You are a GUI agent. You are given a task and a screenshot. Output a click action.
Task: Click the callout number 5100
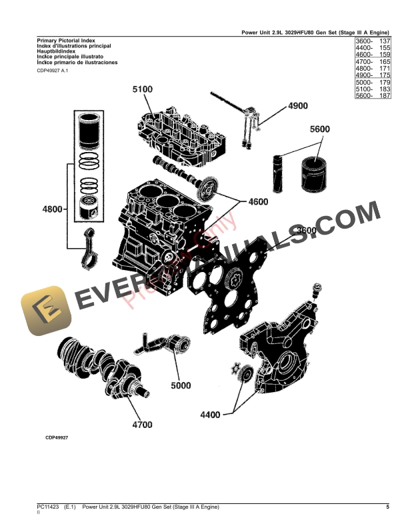(142, 90)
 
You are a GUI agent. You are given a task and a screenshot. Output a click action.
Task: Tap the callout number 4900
(297, 106)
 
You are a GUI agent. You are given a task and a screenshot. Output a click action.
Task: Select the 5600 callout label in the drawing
(319, 129)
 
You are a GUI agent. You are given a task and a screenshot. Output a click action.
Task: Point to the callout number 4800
(51, 209)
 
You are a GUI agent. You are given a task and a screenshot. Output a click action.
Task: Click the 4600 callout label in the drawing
(261, 201)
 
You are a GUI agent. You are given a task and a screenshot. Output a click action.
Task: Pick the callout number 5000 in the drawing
(180, 385)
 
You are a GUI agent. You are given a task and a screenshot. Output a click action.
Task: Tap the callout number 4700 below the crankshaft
(141, 424)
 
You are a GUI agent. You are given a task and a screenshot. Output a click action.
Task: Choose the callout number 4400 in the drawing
(210, 415)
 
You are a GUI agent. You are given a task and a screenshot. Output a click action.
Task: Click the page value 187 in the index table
(385, 96)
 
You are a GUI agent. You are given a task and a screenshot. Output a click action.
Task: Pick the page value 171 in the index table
(385, 69)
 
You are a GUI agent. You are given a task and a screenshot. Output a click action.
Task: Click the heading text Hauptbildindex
(56, 50)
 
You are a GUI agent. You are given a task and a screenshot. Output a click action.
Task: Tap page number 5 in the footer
(387, 508)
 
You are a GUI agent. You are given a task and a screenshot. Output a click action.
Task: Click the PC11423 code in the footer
(48, 508)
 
